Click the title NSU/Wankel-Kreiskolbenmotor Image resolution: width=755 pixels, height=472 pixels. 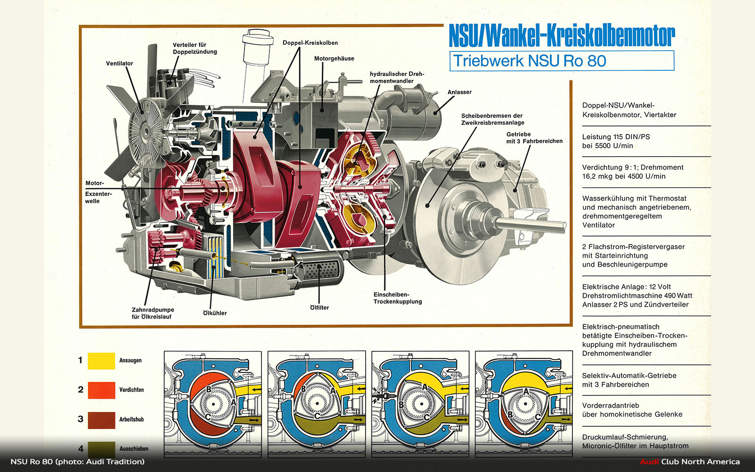click(562, 36)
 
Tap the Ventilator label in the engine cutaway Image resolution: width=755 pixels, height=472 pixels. click(119, 63)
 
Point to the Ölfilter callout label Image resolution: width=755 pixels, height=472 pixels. click(319, 308)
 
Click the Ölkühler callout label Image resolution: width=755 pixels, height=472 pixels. click(215, 313)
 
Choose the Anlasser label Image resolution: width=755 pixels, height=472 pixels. click(459, 92)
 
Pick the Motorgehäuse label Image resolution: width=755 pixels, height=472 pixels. click(334, 59)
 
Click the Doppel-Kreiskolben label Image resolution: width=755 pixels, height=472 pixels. click(310, 43)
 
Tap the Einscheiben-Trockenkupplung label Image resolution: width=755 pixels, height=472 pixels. click(397, 298)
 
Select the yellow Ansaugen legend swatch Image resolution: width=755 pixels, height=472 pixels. click(101, 361)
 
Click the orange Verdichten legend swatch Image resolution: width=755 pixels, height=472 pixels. click(101, 390)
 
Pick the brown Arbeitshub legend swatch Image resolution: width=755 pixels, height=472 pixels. click(101, 420)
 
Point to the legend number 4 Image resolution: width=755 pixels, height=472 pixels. click(81, 449)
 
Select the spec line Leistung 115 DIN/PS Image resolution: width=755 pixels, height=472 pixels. click(616, 137)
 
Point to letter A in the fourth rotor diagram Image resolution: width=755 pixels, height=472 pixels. click(526, 391)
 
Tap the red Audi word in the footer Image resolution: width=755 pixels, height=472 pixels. click(649, 462)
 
